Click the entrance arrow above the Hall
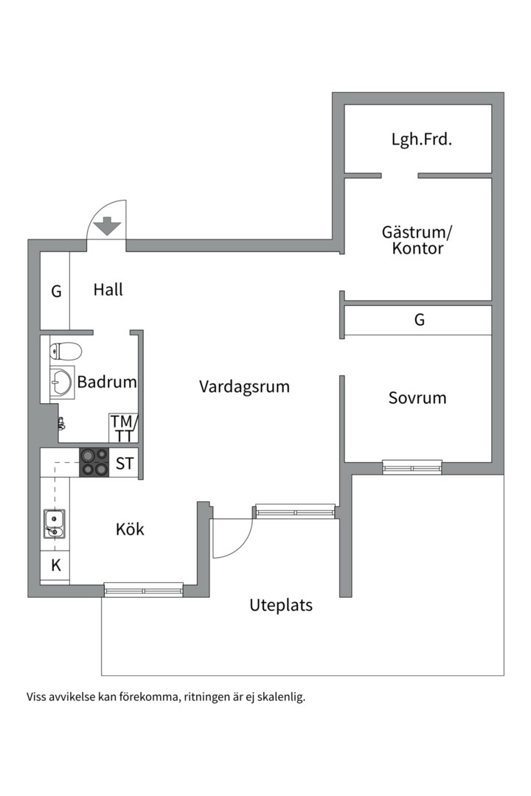click(107, 226)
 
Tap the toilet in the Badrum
click(66, 351)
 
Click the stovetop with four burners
click(94, 462)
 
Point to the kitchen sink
click(54, 524)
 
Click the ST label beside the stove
click(125, 464)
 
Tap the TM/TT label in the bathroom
click(124, 428)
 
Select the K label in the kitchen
click(56, 565)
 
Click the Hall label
click(108, 290)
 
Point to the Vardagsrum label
click(244, 387)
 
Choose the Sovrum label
click(417, 398)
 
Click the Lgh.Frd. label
click(422, 139)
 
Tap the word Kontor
click(417, 248)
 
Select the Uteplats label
click(281, 605)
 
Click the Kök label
click(130, 529)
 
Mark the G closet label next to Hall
click(56, 291)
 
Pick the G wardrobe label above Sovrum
click(419, 319)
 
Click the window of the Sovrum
click(412, 467)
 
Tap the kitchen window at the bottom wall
click(143, 590)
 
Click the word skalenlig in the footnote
click(281, 697)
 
